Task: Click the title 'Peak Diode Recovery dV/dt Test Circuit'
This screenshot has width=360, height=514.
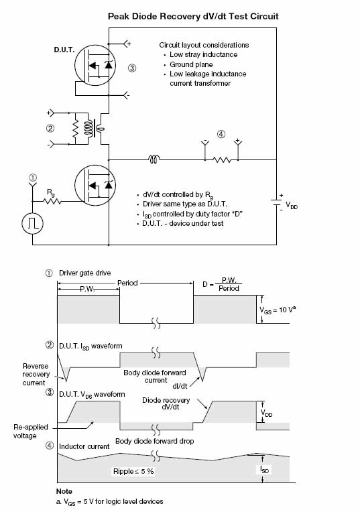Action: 193,16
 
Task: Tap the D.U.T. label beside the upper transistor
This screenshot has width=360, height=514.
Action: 64,50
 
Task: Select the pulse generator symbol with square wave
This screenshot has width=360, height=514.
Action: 32,223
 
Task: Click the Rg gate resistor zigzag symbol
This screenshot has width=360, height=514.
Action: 52,201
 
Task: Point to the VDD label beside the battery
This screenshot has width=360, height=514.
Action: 292,206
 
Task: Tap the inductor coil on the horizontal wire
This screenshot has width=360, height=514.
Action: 154,159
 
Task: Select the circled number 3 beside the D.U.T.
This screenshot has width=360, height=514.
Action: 132,68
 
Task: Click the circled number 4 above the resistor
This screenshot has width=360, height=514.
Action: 221,134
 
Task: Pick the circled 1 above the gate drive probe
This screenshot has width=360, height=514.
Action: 33,178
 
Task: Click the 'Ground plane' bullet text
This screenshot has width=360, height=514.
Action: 191,64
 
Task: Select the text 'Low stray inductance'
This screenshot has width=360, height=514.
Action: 204,54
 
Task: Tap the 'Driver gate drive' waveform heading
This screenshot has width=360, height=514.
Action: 85,273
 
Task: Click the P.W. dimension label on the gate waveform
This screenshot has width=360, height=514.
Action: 87,289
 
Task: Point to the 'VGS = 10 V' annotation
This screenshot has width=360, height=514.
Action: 278,310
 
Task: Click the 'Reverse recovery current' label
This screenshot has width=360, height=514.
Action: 36,375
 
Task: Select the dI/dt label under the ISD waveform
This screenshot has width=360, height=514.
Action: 180,386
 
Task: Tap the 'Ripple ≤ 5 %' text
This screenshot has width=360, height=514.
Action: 133,471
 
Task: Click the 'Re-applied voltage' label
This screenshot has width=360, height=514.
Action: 31,432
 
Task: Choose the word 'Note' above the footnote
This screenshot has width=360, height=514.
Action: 64,491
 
